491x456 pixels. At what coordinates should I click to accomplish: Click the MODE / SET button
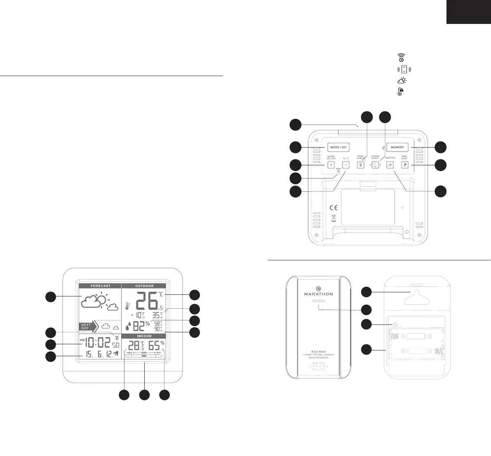(x=338, y=147)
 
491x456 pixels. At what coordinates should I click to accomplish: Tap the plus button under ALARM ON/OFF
(x=330, y=165)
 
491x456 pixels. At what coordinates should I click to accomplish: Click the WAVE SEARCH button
(x=360, y=165)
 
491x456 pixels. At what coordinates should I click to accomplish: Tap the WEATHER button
(x=390, y=165)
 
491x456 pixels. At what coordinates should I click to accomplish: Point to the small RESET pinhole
(x=338, y=171)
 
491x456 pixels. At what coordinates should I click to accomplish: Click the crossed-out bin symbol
(x=334, y=219)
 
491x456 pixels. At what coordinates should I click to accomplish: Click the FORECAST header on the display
(x=100, y=286)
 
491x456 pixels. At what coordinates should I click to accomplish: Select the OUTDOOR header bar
(x=144, y=286)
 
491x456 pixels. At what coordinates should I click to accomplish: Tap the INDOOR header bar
(x=144, y=336)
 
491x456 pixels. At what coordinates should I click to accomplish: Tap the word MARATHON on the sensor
(x=318, y=294)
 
